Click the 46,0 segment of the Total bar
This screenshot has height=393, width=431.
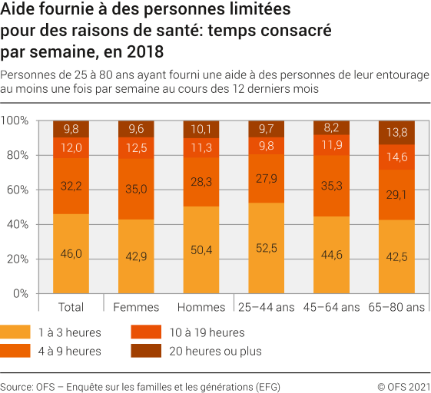coord(71,253)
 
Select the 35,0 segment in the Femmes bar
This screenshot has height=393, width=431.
coord(136,186)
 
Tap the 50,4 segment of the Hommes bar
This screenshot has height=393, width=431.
coord(201,249)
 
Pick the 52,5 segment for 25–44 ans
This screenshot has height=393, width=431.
coord(267,248)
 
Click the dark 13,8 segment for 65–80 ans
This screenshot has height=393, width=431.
coord(397,132)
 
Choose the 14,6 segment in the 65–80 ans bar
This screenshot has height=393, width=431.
coord(397,157)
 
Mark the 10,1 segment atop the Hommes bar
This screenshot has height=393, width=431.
coord(201,129)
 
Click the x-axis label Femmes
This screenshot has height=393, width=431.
coord(136,308)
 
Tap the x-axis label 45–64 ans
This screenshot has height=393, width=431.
coord(332,308)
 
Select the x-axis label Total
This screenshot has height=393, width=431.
coord(71,308)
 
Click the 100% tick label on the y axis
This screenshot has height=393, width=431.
coord(15,121)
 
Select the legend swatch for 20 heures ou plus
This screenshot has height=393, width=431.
coord(145,352)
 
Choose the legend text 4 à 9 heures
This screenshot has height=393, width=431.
coord(70,352)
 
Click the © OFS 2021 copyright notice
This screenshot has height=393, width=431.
coord(402,386)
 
